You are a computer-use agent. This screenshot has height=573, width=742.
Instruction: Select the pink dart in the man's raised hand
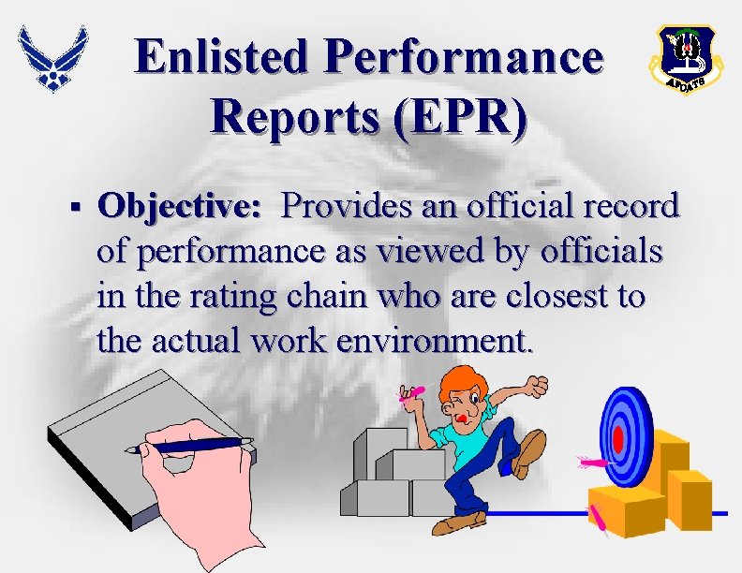411,393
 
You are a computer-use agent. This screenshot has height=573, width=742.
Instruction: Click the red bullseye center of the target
618,438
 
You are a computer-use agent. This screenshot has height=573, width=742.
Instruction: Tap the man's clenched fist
537,386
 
